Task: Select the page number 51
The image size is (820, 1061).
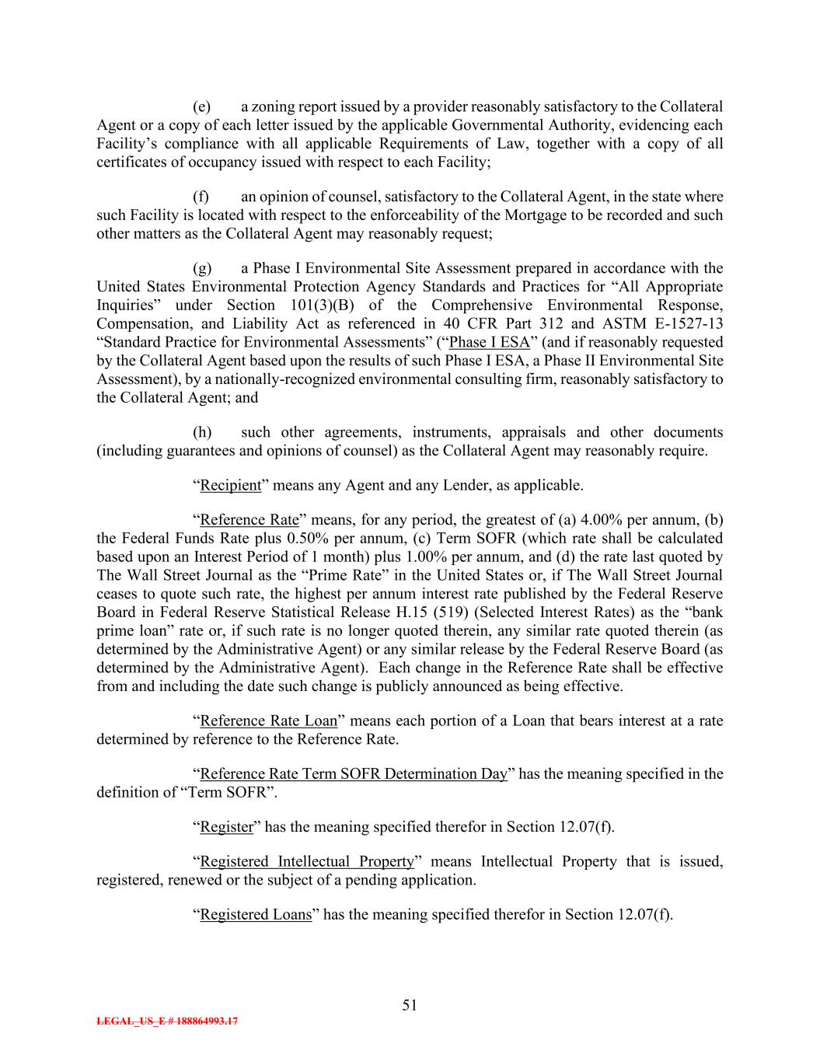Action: click(410, 1005)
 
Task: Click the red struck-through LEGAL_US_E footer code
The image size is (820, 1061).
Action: click(166, 1021)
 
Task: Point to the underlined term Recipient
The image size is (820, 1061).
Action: click(231, 486)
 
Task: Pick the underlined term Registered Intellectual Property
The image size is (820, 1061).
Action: click(307, 862)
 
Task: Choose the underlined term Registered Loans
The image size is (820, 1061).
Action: click(256, 915)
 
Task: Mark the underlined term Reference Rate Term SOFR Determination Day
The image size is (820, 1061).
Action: click(354, 774)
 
